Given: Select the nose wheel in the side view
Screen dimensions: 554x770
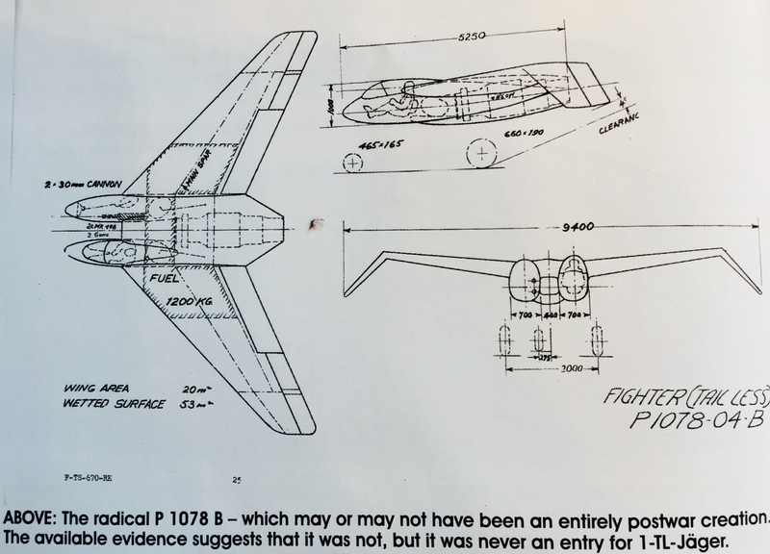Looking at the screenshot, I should pyautogui.click(x=352, y=164).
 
